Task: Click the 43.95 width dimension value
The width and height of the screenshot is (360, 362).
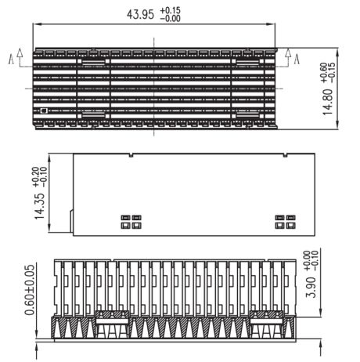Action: tap(140, 14)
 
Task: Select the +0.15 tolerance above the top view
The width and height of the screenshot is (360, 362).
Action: tap(170, 10)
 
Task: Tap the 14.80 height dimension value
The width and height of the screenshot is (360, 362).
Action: tap(328, 102)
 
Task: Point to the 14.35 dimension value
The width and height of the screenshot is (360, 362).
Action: tap(40, 206)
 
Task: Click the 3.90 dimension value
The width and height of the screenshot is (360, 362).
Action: tap(311, 288)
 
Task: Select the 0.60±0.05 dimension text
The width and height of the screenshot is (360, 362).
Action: tap(30, 290)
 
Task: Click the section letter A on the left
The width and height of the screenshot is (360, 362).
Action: tap(11, 59)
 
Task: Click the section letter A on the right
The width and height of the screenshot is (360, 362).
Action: tap(297, 59)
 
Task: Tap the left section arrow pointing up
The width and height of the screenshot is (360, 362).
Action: tap(20, 57)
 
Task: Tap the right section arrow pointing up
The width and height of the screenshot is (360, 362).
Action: tap(288, 57)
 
